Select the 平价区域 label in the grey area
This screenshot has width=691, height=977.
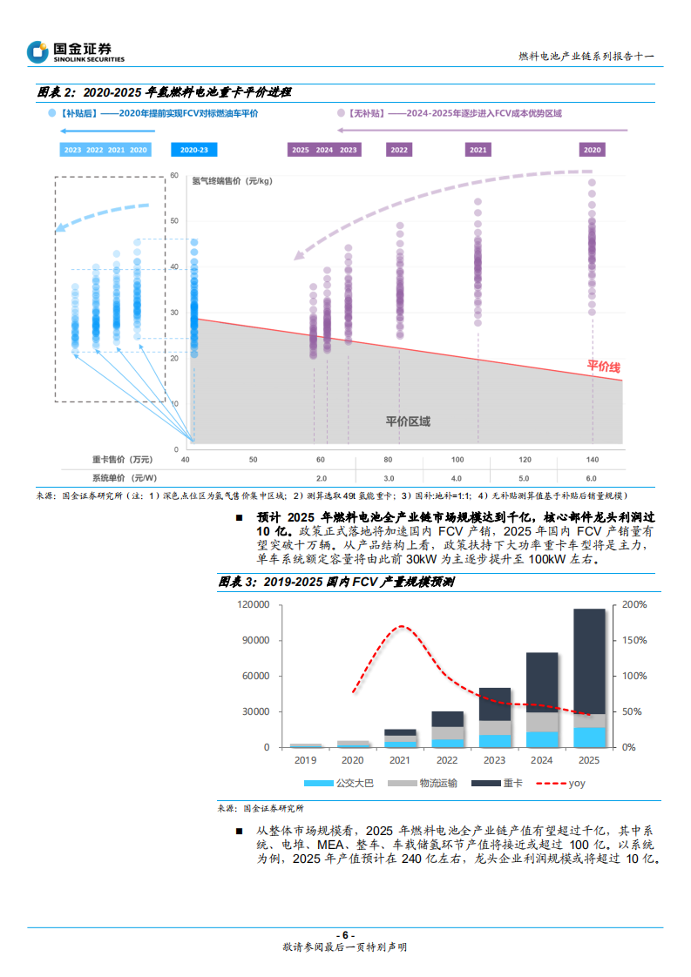(x=408, y=421)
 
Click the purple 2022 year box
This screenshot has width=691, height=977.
(x=399, y=150)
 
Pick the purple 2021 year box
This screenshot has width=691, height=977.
(x=478, y=150)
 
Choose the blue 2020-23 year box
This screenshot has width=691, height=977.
(x=193, y=150)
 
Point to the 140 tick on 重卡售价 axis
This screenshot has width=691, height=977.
(x=592, y=459)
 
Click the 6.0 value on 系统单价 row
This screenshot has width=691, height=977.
(x=592, y=478)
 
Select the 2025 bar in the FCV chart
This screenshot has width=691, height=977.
(x=590, y=677)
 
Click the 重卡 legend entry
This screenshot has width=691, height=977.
(x=498, y=783)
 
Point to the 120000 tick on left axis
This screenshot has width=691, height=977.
(x=252, y=604)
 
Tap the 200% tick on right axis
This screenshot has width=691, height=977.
(x=634, y=604)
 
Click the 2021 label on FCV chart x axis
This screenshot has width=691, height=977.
(x=400, y=760)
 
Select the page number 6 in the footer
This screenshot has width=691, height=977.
(x=345, y=935)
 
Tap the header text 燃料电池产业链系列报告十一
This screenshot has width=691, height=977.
(x=586, y=56)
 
